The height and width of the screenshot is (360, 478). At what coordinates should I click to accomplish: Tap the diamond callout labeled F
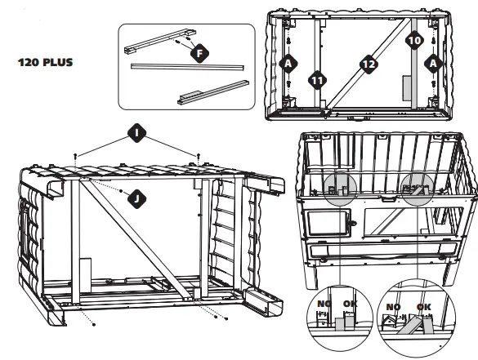(x=198, y=52)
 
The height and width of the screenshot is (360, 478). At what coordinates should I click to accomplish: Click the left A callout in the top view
(x=287, y=63)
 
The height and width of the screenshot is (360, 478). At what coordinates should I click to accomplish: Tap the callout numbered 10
(x=413, y=38)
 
